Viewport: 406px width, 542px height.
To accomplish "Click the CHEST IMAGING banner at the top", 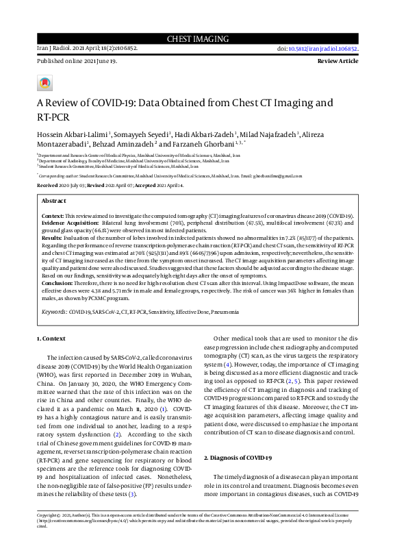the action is [203, 39].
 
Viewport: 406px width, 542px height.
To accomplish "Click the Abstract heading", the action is [54, 201].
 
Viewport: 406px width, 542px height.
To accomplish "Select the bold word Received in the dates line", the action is [47, 186].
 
